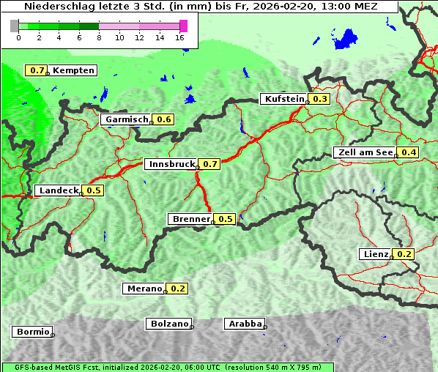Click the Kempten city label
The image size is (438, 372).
[73, 70]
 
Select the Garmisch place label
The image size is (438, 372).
[127, 119]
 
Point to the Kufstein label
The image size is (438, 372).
[284, 99]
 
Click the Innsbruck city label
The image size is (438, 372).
[171, 164]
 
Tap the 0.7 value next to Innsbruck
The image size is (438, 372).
[210, 164]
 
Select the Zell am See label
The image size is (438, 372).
[365, 152]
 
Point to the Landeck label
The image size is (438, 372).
[58, 190]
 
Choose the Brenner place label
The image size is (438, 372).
[190, 219]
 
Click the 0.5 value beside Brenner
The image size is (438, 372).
[225, 219]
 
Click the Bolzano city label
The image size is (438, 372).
[169, 324]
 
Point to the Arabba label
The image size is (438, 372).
[244, 324]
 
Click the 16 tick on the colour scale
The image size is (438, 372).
[179, 37]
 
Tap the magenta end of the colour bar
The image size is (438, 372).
[183, 26]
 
